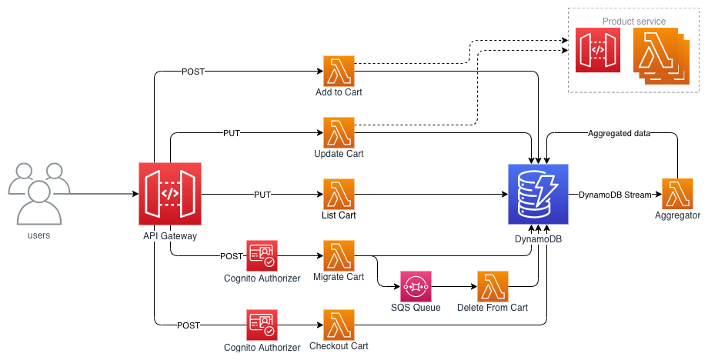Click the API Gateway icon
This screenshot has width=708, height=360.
[170, 194]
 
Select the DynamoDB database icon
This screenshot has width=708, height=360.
[538, 194]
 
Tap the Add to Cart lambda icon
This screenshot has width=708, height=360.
[339, 71]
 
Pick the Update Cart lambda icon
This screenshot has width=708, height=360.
[339, 132]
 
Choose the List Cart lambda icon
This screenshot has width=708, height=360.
[339, 194]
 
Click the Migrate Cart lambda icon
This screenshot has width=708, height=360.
[339, 256]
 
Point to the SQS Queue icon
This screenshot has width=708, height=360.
[416, 286]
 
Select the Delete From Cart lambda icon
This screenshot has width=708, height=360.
[493, 286]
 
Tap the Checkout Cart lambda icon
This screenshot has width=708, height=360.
[339, 325]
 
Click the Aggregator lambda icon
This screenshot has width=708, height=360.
[677, 194]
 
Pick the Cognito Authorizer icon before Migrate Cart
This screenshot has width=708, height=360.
[262, 256]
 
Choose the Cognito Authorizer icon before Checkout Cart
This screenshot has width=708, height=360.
[262, 325]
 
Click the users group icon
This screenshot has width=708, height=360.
[39, 194]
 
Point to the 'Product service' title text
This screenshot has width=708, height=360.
[634, 22]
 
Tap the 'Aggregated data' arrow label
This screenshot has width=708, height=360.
[619, 133]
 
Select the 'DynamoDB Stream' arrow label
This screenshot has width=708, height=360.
[615, 195]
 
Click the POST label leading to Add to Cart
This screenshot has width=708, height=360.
[193, 72]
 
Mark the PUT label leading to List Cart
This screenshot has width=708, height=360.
[262, 195]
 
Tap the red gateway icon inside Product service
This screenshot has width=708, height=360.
[598, 50]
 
